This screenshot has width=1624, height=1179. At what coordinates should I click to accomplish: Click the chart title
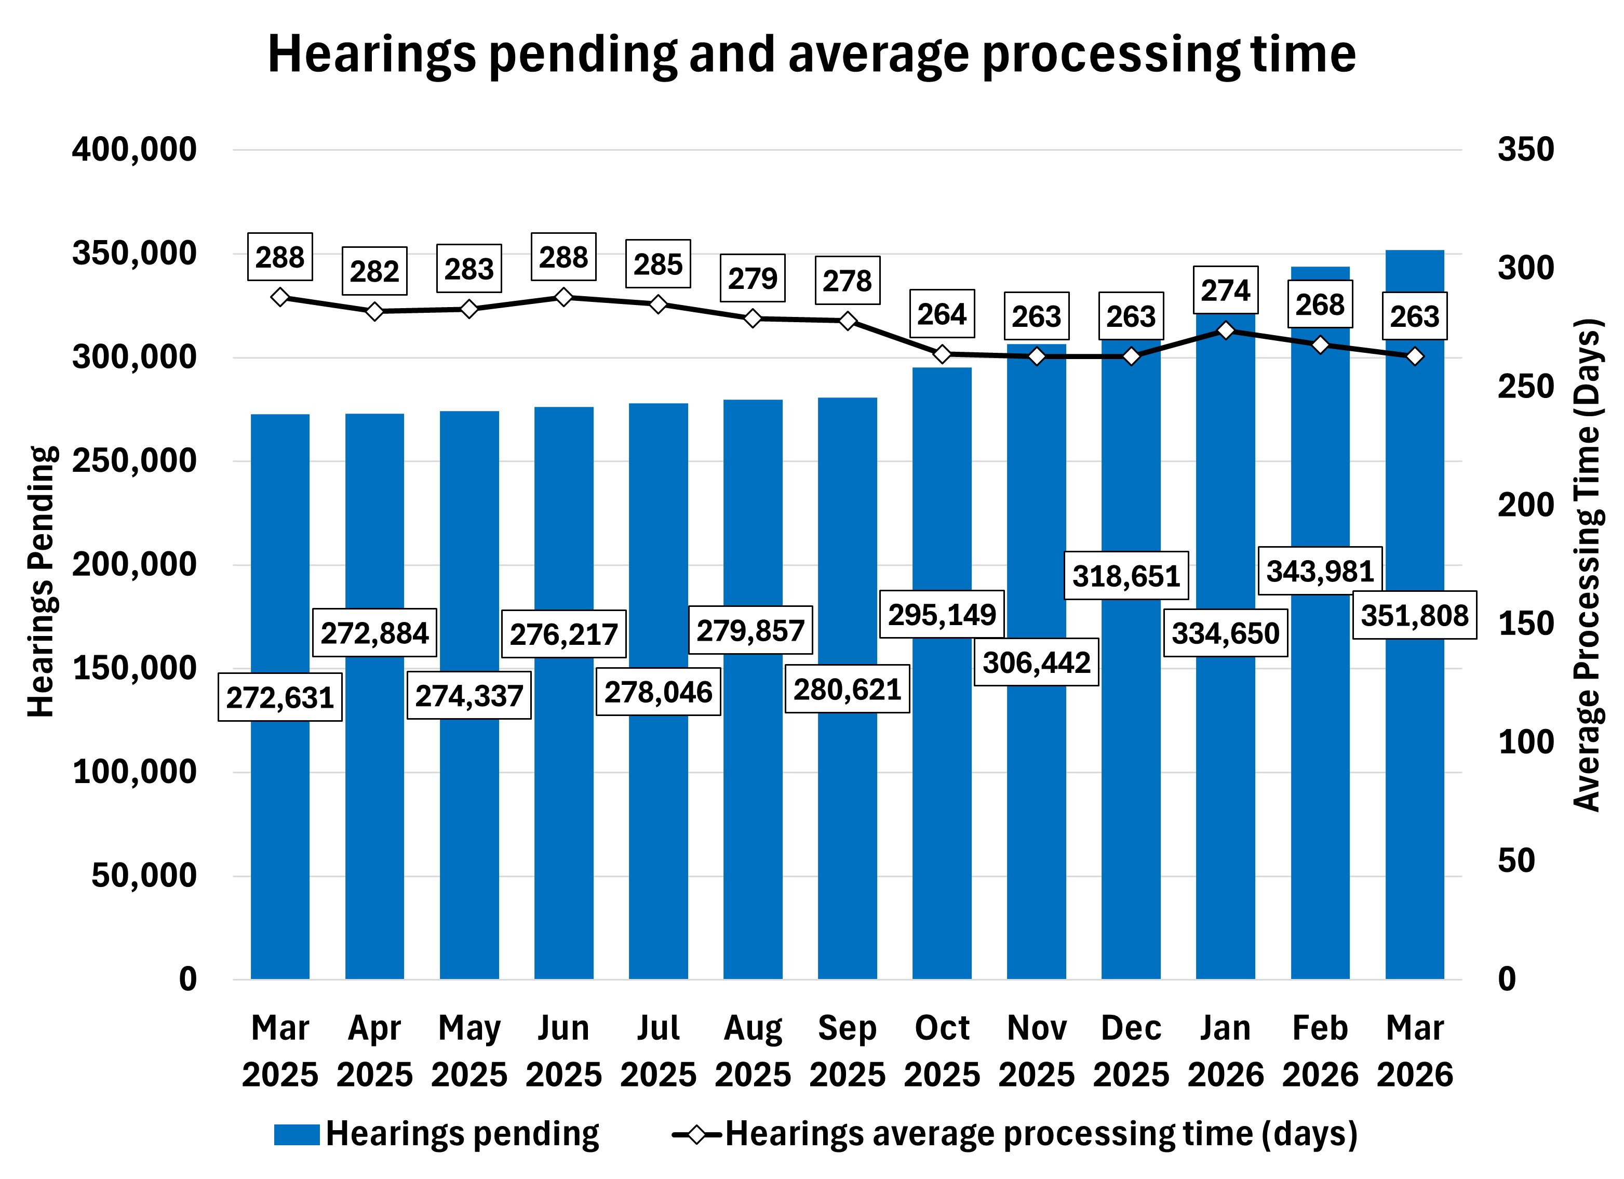tap(811, 55)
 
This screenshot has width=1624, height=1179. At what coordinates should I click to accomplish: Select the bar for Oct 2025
tap(942, 788)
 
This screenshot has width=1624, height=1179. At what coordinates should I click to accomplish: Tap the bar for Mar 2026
tap(1414, 788)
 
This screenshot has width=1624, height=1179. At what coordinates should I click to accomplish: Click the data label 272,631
tap(280, 697)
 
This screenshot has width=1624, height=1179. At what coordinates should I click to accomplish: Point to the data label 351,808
tap(1414, 615)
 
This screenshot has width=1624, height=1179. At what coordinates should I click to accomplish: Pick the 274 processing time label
tap(1225, 290)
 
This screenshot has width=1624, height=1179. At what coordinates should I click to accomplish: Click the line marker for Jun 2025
tap(563, 297)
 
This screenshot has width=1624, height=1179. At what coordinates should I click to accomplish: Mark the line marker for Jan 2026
tap(1225, 330)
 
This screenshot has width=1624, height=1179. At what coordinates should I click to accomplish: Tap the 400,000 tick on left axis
tap(134, 150)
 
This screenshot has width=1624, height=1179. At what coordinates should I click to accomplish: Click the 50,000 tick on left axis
tap(143, 876)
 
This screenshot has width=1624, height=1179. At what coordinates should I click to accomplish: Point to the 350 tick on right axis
tap(1525, 150)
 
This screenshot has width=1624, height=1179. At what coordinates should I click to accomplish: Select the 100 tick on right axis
tap(1525, 742)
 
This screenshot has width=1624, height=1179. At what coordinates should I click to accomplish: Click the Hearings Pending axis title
tap(41, 581)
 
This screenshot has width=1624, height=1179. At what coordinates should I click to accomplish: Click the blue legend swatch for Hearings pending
tap(297, 1134)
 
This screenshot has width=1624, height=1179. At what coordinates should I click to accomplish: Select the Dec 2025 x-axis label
tap(1131, 1051)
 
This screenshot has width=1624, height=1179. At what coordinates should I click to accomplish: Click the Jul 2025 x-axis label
tap(658, 1051)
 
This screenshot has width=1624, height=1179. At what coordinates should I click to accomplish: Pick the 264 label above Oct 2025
tap(942, 314)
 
